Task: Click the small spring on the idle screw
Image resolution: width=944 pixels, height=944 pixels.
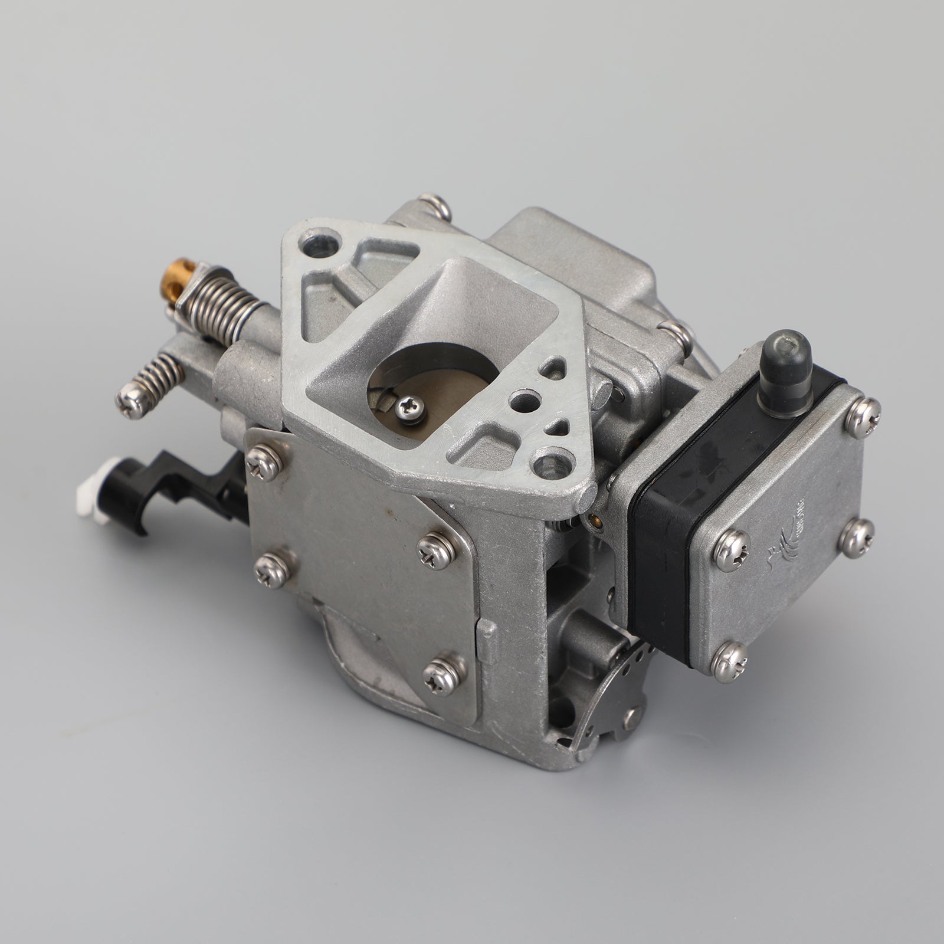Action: click(x=159, y=376)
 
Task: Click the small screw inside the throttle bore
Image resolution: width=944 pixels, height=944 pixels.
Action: click(x=410, y=408)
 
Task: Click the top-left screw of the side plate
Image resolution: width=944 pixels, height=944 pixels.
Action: click(x=263, y=461)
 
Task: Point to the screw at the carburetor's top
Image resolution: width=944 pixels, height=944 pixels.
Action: click(x=436, y=206)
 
